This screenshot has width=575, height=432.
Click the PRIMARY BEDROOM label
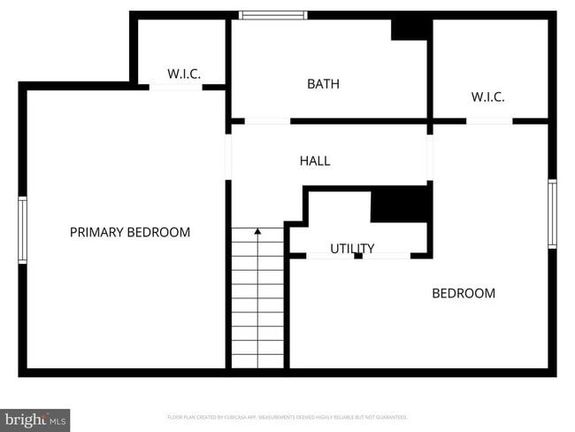tap(130, 232)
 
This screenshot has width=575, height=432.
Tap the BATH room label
tap(323, 84)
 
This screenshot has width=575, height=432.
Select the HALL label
tap(315, 160)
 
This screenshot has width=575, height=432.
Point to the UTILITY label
tap(352, 249)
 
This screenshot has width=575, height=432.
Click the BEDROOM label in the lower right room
tap(463, 293)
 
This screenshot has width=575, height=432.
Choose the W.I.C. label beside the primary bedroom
tap(184, 74)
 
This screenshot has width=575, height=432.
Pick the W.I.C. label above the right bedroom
tap(487, 96)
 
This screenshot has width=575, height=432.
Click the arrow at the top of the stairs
tap(257, 232)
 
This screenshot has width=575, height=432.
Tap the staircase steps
tap(257, 301)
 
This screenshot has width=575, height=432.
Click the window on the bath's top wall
tap(273, 15)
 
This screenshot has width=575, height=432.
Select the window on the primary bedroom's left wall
tap(22, 229)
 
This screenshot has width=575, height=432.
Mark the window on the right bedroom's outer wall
tap(552, 213)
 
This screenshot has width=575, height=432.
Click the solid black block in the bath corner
tap(409, 29)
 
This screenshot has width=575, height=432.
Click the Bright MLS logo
tap(35, 419)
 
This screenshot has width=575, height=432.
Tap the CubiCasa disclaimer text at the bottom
tap(287, 417)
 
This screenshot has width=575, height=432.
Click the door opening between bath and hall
tap(267, 120)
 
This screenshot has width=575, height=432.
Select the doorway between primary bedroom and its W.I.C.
tap(176, 87)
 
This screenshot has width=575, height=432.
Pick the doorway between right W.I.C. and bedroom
tap(489, 120)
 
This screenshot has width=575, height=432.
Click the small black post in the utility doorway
tap(357, 256)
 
